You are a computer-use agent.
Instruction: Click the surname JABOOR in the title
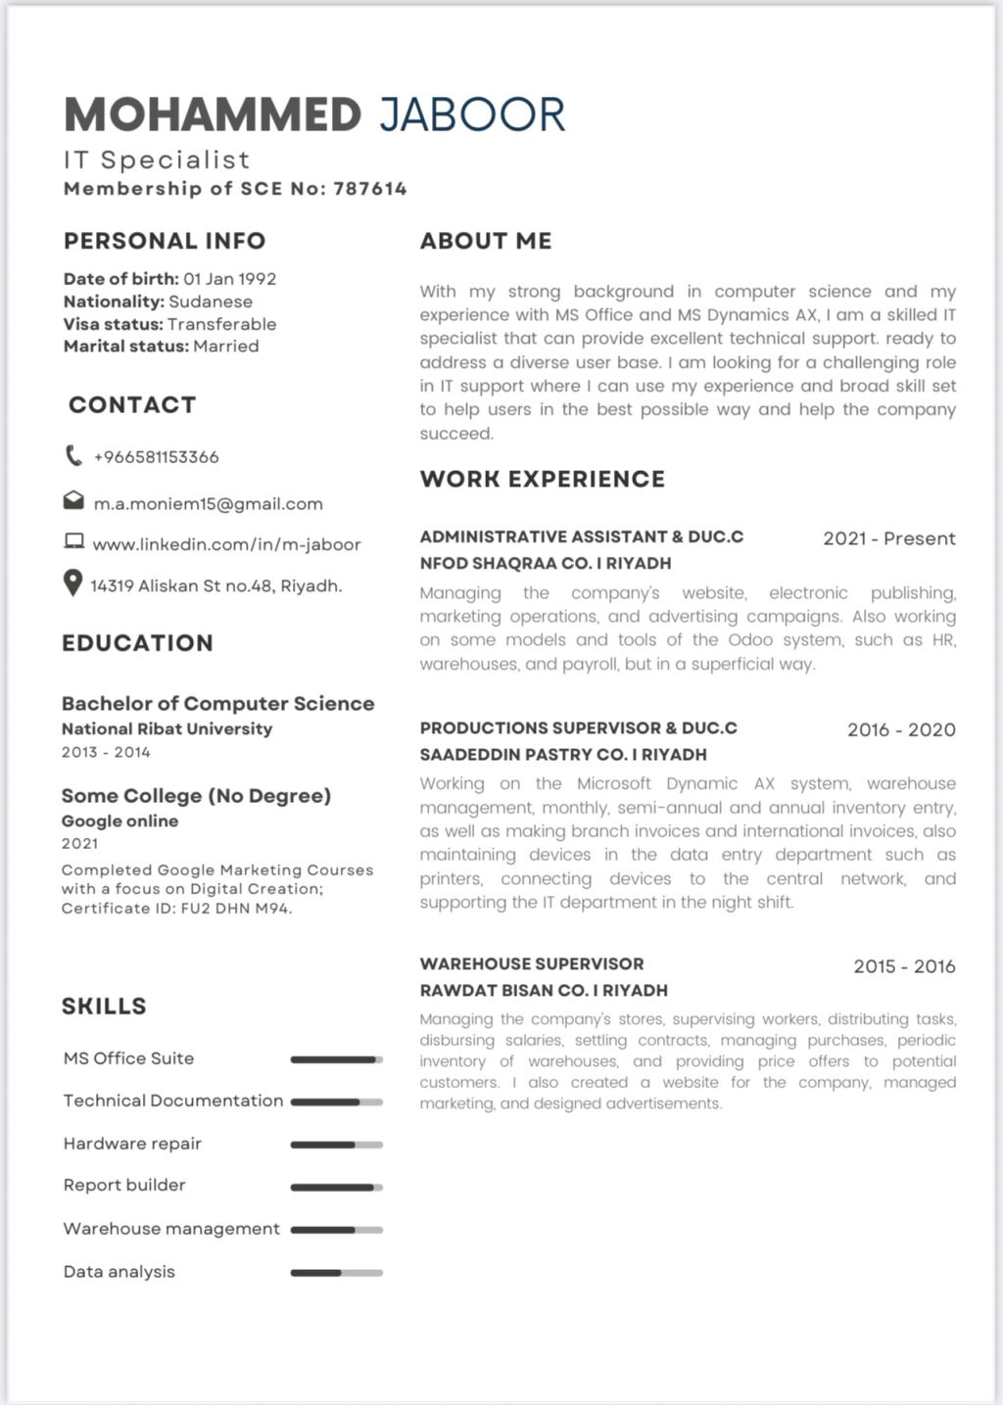pos(472,115)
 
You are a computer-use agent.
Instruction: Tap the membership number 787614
pos(369,189)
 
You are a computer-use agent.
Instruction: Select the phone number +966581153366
pos(156,457)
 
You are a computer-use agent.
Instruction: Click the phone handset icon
pos(73,455)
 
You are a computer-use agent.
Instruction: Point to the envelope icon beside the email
pos(73,501)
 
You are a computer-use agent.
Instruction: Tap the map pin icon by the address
pos(72,584)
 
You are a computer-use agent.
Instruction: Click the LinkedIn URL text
pos(226,544)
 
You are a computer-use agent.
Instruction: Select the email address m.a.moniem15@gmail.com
pos(208,504)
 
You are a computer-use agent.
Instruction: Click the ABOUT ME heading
pos(486,241)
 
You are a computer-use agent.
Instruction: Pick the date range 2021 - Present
pos(888,539)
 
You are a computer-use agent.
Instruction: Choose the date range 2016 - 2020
pos(900,729)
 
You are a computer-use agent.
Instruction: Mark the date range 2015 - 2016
pos(903,966)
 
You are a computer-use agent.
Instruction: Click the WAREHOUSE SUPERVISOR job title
pos(532,963)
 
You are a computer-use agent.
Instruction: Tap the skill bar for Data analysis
pos(336,1273)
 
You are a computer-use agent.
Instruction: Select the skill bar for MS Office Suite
pos(336,1059)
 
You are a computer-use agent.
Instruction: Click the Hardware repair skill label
pos(132,1144)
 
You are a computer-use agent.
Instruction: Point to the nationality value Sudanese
pos(211,302)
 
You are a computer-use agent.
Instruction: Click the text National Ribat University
pos(167,728)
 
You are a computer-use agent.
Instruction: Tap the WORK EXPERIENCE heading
pos(542,479)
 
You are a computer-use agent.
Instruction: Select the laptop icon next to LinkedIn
pos(73,541)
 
